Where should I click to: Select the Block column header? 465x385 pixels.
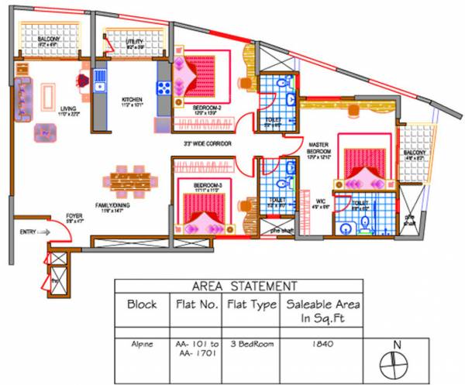(x=142, y=305)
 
